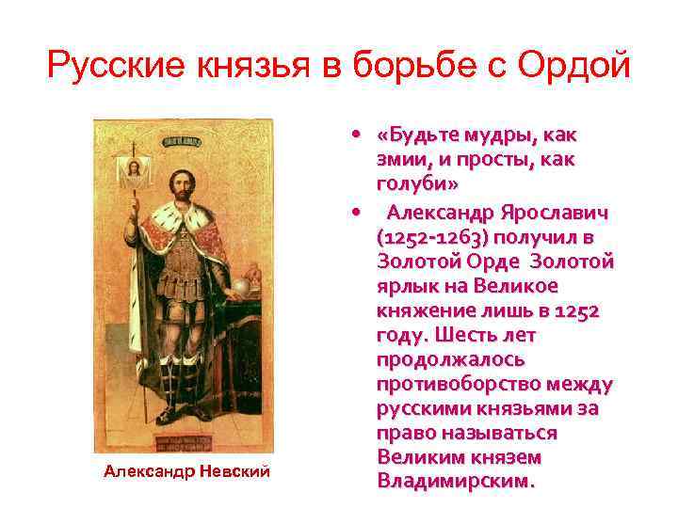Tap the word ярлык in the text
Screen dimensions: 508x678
(x=404, y=286)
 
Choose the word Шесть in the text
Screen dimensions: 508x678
(x=491, y=336)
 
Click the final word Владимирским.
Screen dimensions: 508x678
(x=455, y=482)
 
